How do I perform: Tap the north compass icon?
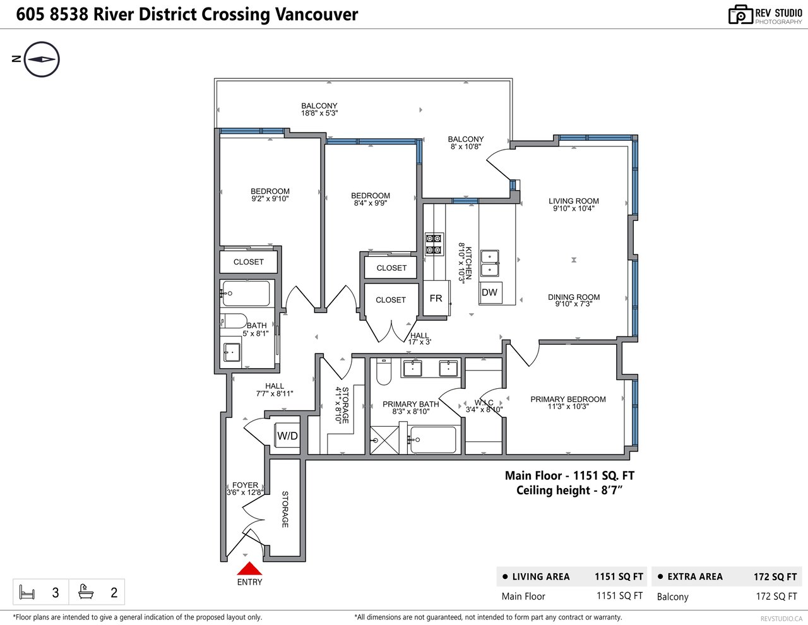tap(41, 59)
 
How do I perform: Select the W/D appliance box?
tap(287, 436)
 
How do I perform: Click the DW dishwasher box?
tap(490, 292)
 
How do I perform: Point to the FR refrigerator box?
tap(437, 298)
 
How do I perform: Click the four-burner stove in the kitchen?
tap(434, 244)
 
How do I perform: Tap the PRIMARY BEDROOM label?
tap(567, 400)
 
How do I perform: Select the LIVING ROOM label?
tap(573, 201)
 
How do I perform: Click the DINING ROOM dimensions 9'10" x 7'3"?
tap(573, 304)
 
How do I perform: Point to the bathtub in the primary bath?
tap(432, 439)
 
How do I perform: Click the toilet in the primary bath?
tap(383, 372)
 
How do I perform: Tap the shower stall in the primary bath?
tap(384, 440)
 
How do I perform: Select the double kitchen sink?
tap(490, 263)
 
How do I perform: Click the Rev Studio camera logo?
tap(740, 15)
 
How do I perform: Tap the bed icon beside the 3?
tap(27, 592)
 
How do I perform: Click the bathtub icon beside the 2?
tap(85, 592)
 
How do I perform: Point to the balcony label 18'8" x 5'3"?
tap(319, 113)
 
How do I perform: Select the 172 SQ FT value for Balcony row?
tap(776, 597)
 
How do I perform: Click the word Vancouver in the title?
tap(316, 15)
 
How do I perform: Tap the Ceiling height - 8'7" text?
tap(569, 491)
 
